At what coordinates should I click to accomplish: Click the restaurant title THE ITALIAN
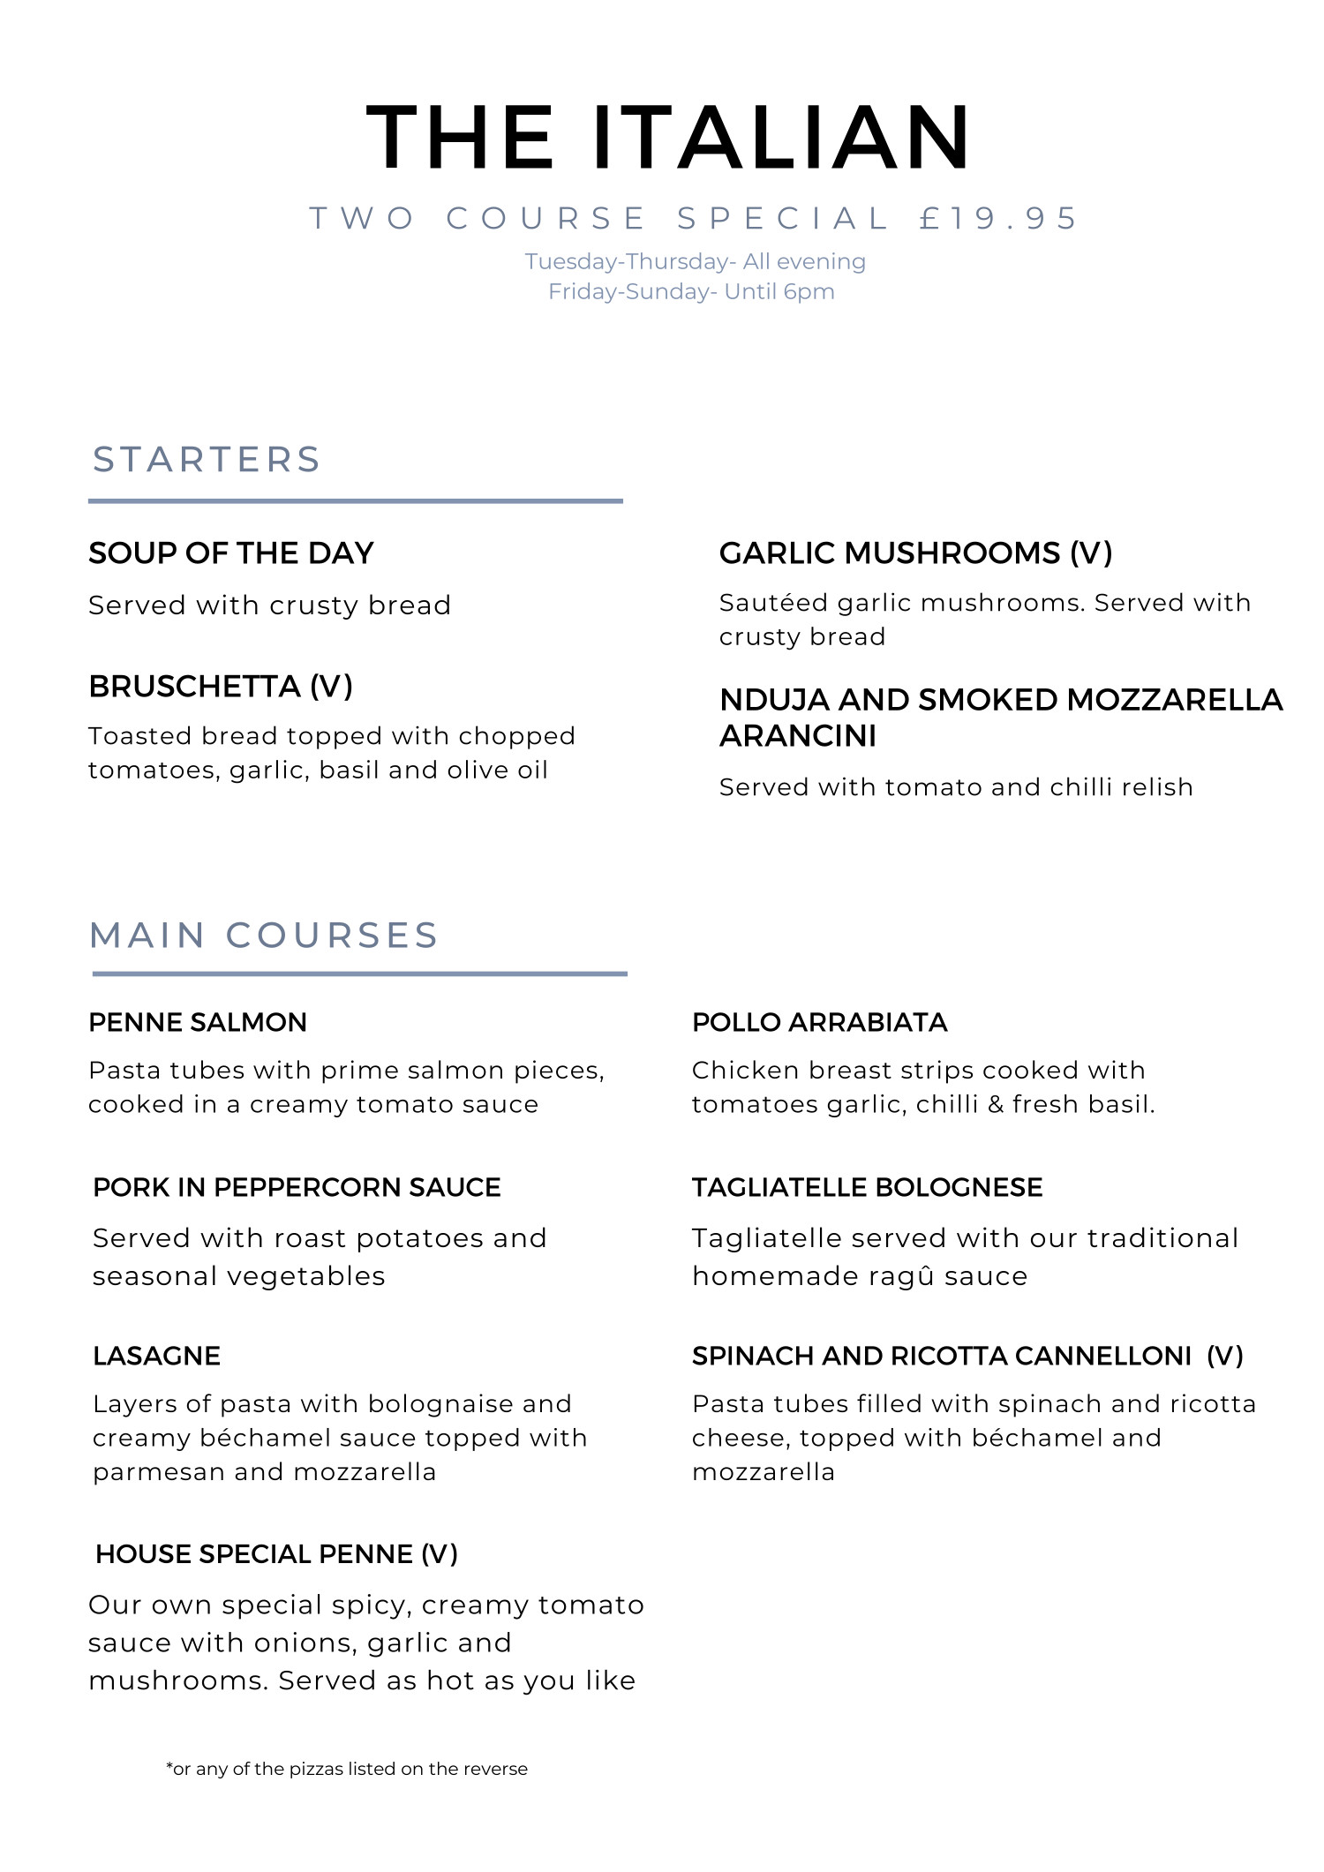(x=668, y=138)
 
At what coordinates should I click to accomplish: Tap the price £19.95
(x=997, y=218)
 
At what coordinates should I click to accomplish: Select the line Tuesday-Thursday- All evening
(x=695, y=261)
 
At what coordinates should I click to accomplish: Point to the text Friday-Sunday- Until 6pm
(x=691, y=291)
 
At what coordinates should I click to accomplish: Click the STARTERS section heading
(x=207, y=460)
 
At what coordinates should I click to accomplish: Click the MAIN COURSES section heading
(x=264, y=936)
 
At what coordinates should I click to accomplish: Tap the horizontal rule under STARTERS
(x=355, y=501)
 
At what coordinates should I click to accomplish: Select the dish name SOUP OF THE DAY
(x=231, y=553)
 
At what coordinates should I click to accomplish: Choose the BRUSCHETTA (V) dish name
(x=221, y=687)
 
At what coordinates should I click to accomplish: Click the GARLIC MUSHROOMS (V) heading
(x=915, y=553)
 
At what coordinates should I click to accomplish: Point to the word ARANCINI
(x=798, y=736)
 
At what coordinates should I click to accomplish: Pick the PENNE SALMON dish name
(x=198, y=1022)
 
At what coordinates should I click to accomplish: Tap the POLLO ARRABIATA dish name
(x=819, y=1022)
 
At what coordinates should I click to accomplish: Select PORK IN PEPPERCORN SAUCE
(x=297, y=1187)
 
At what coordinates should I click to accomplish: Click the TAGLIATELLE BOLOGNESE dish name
(x=867, y=1187)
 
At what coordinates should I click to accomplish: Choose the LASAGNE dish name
(x=156, y=1356)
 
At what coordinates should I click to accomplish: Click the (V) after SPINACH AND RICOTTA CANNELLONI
(x=1225, y=1356)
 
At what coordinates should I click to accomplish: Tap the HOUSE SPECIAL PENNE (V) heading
(x=276, y=1554)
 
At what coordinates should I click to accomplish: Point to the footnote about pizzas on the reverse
(x=347, y=1769)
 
